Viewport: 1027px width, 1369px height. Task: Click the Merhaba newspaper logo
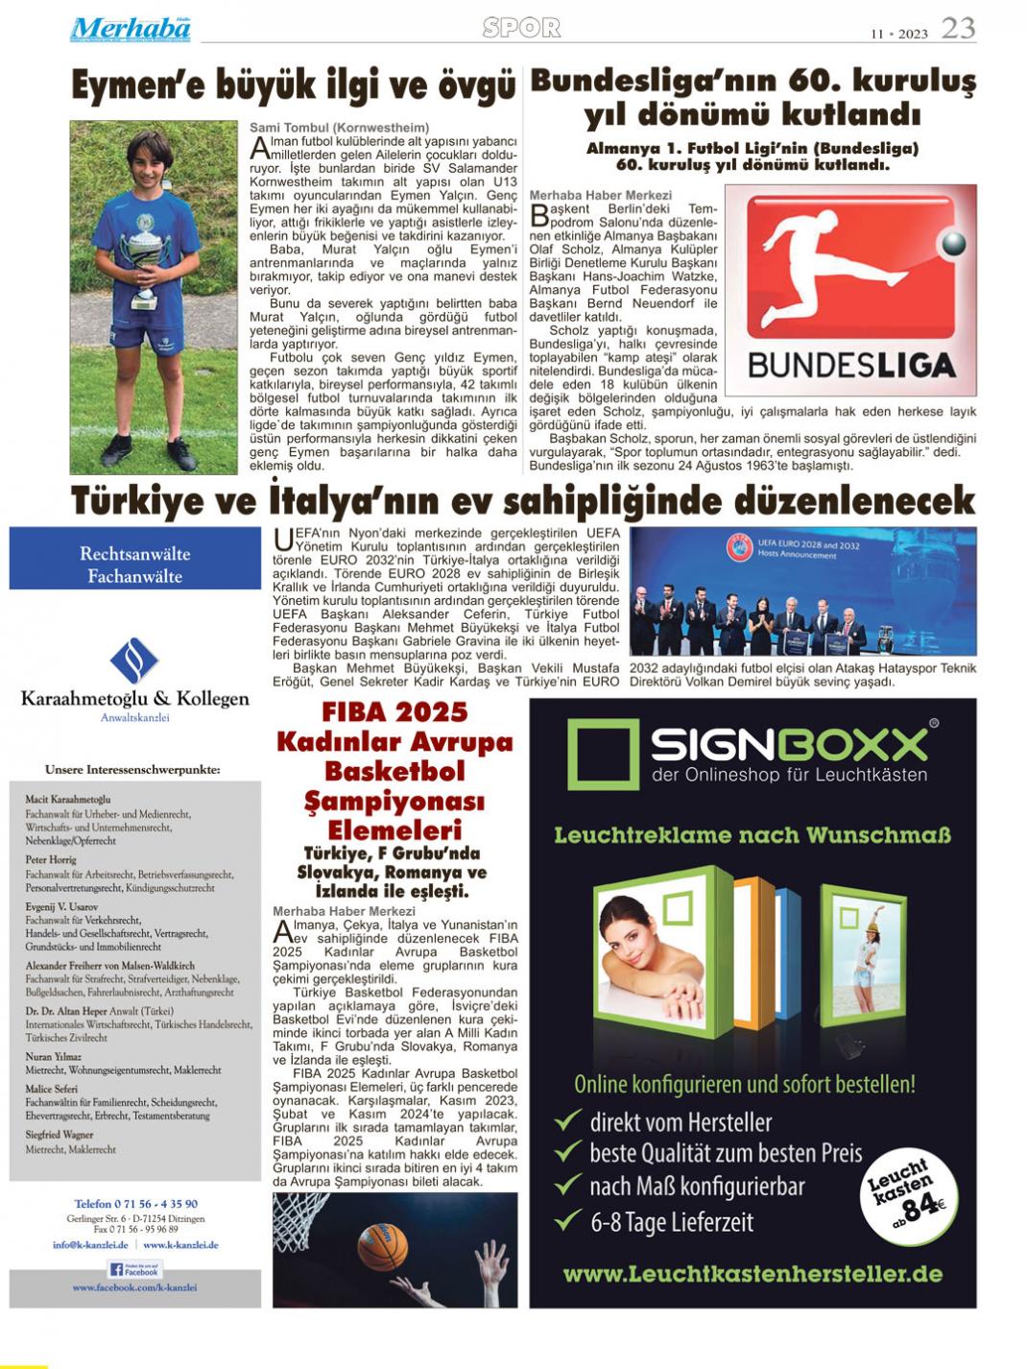click(x=131, y=30)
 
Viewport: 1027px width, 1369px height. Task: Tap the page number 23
click(x=958, y=29)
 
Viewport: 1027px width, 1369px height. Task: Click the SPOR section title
click(x=521, y=29)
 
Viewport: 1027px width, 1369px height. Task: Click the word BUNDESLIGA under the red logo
click(x=851, y=365)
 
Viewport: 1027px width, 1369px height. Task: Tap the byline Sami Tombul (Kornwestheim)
click(x=340, y=128)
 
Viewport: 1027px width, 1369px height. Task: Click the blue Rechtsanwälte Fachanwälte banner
click(x=135, y=565)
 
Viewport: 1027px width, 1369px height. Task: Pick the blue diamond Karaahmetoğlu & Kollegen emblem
click(x=134, y=661)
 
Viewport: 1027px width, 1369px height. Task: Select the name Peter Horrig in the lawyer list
click(x=51, y=860)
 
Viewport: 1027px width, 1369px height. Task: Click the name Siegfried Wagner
click(x=60, y=1135)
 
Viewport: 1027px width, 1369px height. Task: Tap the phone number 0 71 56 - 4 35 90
click(x=135, y=1204)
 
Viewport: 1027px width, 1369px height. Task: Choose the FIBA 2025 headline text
click(x=394, y=712)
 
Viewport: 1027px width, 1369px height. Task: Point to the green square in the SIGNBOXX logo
click(x=602, y=755)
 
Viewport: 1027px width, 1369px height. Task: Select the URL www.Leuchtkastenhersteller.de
click(x=752, y=1275)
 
